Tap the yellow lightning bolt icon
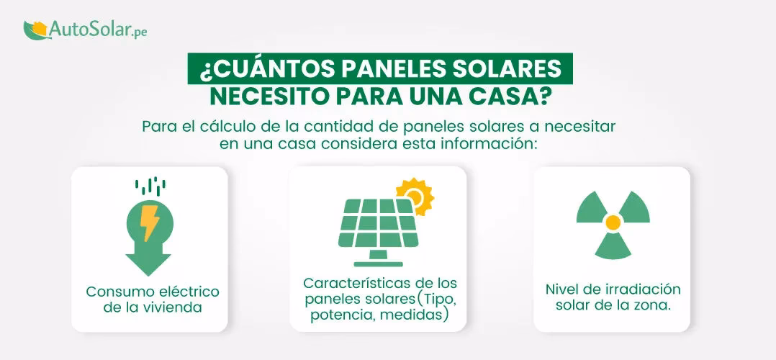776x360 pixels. [150, 223]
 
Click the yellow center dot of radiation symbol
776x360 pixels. [613, 222]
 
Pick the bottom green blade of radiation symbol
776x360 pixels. [613, 247]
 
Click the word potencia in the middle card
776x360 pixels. [339, 315]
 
